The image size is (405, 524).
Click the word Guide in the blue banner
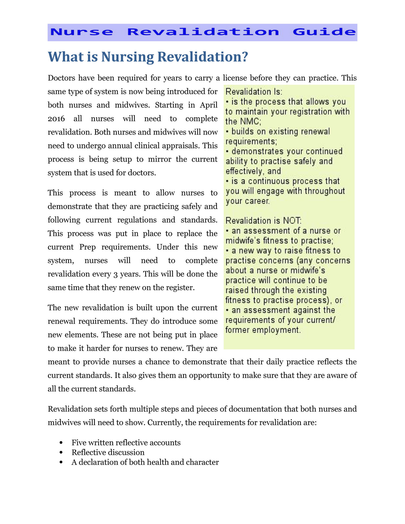tap(324, 32)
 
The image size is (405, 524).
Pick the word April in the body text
tap(209, 105)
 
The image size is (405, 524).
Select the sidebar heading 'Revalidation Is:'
tap(254, 92)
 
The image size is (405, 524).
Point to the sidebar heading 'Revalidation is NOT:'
tap(263, 221)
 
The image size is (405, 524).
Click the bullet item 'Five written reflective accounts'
tap(126, 442)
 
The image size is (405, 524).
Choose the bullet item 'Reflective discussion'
tap(108, 452)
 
